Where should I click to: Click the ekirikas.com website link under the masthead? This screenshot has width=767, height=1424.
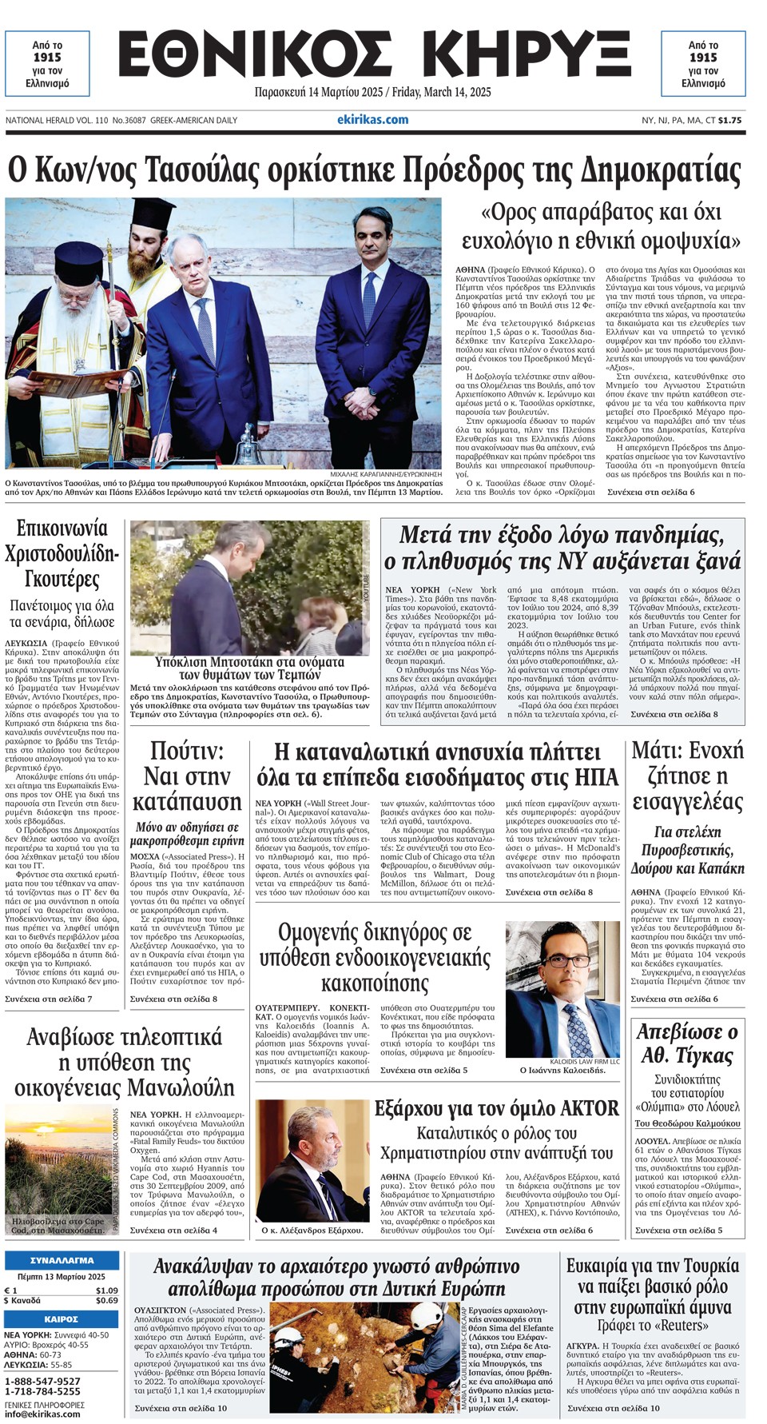click(x=372, y=120)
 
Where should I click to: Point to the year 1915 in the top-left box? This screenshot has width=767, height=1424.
click(x=47, y=58)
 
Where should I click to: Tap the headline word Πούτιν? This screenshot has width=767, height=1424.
click(x=187, y=751)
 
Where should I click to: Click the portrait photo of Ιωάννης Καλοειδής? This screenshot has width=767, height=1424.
click(x=563, y=989)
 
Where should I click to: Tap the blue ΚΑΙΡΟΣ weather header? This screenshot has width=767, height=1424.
click(x=61, y=1318)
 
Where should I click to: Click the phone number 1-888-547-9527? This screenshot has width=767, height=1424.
click(x=42, y=1381)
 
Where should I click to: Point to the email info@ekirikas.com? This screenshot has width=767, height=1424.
click(x=42, y=1414)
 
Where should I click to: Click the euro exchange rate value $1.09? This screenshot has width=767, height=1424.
click(x=106, y=1290)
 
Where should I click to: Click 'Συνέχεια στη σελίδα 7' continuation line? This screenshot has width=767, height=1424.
click(x=49, y=999)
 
